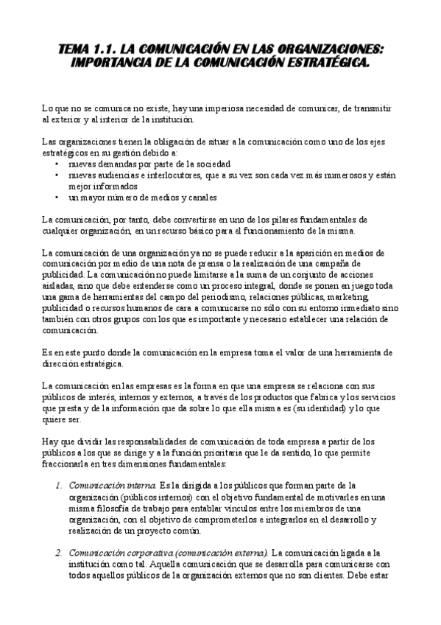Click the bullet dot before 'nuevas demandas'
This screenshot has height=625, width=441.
[58, 164]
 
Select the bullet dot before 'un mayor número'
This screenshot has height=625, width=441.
[58, 198]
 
